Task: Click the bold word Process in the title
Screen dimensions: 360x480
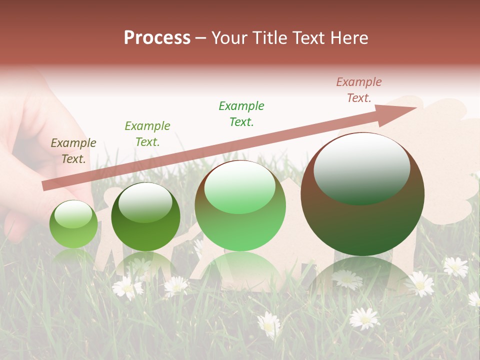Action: click(157, 38)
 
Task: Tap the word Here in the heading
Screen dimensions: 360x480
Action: click(349, 38)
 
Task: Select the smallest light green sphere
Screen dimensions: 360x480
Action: click(73, 224)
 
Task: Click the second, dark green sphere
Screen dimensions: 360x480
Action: click(145, 216)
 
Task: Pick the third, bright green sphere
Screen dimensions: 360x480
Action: click(240, 206)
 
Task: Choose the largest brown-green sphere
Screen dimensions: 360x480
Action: click(362, 194)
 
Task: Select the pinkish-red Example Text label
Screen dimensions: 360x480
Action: click(358, 90)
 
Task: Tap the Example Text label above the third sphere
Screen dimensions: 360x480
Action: click(241, 114)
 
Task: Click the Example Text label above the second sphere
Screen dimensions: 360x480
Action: click(147, 134)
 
